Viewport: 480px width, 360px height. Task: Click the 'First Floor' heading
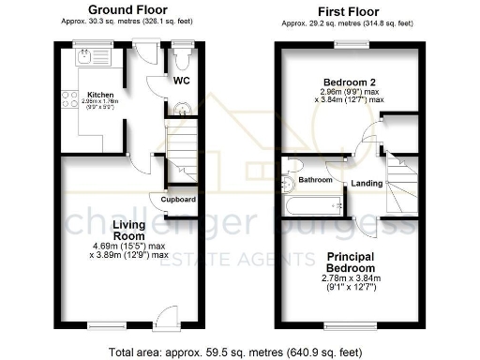(344, 8)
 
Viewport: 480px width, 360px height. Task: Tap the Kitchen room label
(100, 95)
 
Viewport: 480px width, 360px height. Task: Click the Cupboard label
(178, 200)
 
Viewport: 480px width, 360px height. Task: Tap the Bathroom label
(309, 178)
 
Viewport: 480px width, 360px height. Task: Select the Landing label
(367, 183)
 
